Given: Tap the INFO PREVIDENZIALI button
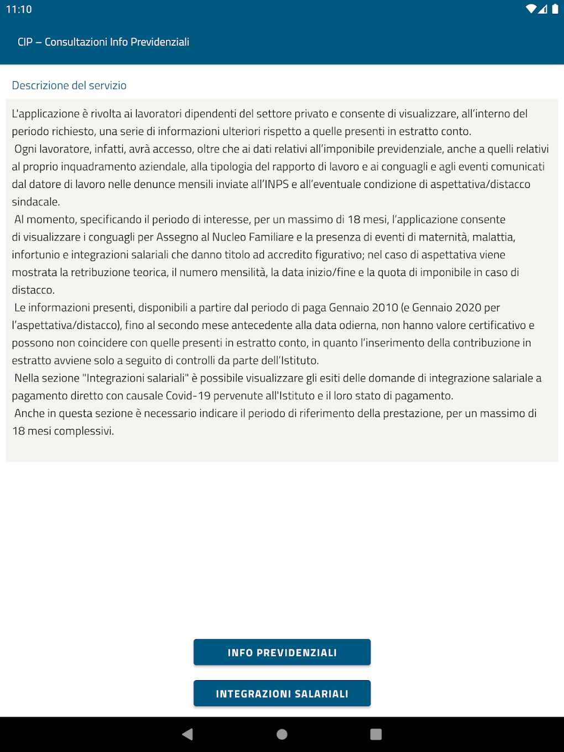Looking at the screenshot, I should (x=282, y=652).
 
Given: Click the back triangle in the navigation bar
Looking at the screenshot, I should (x=187, y=734).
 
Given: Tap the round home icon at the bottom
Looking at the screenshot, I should (x=282, y=734).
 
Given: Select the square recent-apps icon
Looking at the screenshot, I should (x=376, y=734).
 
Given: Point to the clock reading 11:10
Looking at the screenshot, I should (x=19, y=9).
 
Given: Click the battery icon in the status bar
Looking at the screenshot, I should (x=555, y=9).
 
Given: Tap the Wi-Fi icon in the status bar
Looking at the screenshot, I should (x=531, y=9).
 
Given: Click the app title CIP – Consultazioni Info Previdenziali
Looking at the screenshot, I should (x=103, y=42).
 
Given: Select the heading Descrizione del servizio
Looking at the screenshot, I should (x=69, y=86).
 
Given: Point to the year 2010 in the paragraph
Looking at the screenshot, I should (x=385, y=307).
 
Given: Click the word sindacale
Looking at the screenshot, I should (x=36, y=202).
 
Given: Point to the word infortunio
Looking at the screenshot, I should (x=36, y=255).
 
